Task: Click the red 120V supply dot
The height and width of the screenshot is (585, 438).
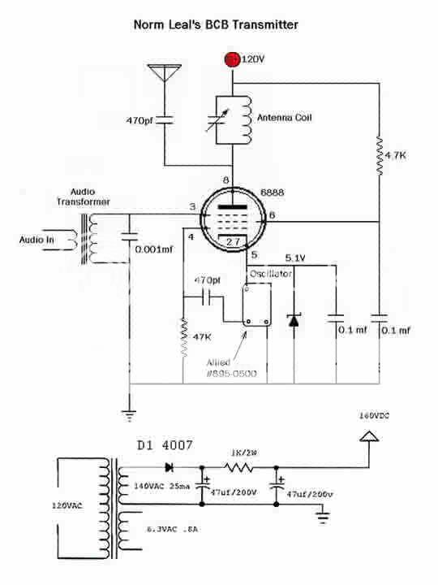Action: pyautogui.click(x=233, y=58)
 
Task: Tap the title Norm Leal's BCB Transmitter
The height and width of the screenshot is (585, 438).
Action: pyautogui.click(x=216, y=25)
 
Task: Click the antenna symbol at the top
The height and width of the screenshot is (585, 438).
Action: pyautogui.click(x=164, y=74)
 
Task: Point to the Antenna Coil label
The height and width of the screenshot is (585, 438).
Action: pyautogui.click(x=286, y=118)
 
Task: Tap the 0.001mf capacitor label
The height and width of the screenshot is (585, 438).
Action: pyautogui.click(x=154, y=250)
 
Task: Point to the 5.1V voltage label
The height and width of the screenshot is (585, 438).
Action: pyautogui.click(x=295, y=259)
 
